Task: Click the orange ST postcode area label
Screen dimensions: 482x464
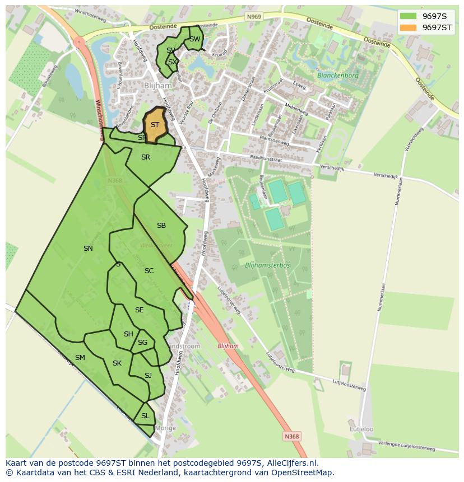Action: [155, 125]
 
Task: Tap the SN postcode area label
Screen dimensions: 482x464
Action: [88, 249]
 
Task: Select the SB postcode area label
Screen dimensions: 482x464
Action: [161, 226]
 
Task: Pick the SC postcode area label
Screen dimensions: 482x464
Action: [149, 271]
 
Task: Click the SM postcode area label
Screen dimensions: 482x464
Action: [80, 358]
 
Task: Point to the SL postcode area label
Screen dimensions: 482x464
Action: [145, 416]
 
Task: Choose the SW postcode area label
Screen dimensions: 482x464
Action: [194, 39]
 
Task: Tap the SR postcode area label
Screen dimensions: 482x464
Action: [146, 157]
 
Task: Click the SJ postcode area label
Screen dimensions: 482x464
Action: [148, 376]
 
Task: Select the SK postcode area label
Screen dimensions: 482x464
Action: [117, 363]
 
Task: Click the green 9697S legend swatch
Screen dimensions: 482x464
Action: [409, 16]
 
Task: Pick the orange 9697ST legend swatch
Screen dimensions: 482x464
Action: [409, 27]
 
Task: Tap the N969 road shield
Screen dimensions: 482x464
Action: [254, 17]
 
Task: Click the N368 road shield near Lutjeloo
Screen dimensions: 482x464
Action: [291, 437]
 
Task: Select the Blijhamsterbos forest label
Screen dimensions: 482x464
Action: [267, 265]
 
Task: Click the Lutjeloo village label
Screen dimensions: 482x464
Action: [361, 429]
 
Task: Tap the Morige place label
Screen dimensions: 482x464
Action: [165, 428]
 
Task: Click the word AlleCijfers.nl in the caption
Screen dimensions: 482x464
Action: [291, 463]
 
